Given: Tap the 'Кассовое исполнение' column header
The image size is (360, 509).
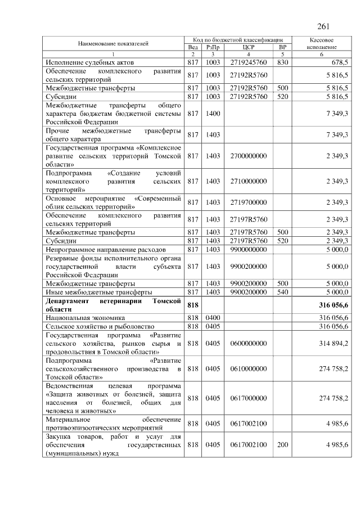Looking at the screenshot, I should (x=322, y=43).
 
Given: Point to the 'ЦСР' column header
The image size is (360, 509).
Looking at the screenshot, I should (x=249, y=47).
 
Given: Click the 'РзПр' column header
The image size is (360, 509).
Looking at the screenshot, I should (x=213, y=47).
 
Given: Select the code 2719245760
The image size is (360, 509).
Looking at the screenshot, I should (x=249, y=62).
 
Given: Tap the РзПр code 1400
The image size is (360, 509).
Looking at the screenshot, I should (x=213, y=114).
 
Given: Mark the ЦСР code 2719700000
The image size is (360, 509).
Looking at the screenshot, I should (x=249, y=202).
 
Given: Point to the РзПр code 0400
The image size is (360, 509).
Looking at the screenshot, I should (x=213, y=318).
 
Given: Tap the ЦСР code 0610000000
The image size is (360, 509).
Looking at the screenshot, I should (x=249, y=368).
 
